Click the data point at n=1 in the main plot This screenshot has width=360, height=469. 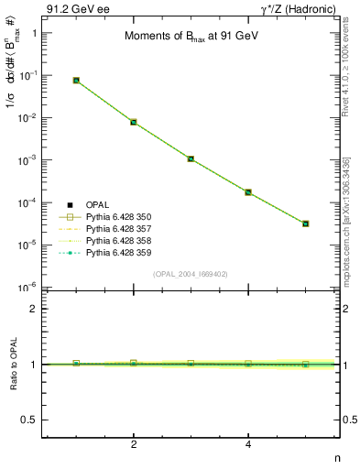pyautogui.click(x=76, y=81)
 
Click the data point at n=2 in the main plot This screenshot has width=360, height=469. pyautogui.click(x=134, y=122)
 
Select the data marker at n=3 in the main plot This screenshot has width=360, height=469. pyautogui.click(x=191, y=158)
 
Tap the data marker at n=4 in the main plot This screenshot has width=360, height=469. pyautogui.click(x=248, y=192)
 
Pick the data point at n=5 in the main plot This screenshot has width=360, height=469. pyautogui.click(x=306, y=224)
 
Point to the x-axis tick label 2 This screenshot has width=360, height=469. pyautogui.click(x=134, y=445)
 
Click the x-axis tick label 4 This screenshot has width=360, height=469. pyautogui.click(x=248, y=445)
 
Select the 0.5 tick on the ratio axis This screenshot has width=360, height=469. pyautogui.click(x=29, y=420)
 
